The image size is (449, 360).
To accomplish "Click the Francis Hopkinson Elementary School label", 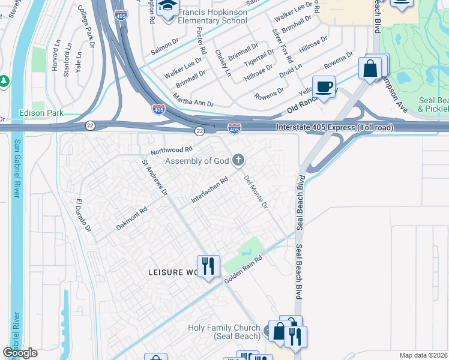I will [209, 16].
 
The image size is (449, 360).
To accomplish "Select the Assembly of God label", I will [197, 161].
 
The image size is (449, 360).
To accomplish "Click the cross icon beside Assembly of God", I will [238, 160].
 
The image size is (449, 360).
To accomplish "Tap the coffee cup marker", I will [324, 86].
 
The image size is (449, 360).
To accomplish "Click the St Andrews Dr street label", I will [154, 177].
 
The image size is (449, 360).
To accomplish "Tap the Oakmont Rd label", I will [131, 219].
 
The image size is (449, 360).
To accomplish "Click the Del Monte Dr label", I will [256, 191].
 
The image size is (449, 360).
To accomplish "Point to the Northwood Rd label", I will [172, 150].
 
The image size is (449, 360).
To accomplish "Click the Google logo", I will [20, 353].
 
